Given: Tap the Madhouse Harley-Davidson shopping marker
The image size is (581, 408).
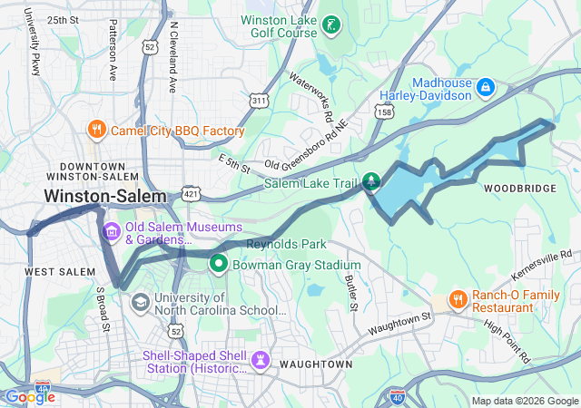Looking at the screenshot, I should [486, 87].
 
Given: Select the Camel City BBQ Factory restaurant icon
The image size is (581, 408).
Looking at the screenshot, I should [96, 130].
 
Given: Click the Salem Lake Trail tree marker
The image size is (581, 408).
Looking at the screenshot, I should [370, 181].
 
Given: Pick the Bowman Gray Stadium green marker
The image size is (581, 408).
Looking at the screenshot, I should [218, 264].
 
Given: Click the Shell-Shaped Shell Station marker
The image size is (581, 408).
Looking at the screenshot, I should [261, 360].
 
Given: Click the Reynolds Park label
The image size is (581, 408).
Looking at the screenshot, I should [287, 245].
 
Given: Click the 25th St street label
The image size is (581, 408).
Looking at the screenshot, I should [63, 19].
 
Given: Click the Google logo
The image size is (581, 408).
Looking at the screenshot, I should [30, 396].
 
